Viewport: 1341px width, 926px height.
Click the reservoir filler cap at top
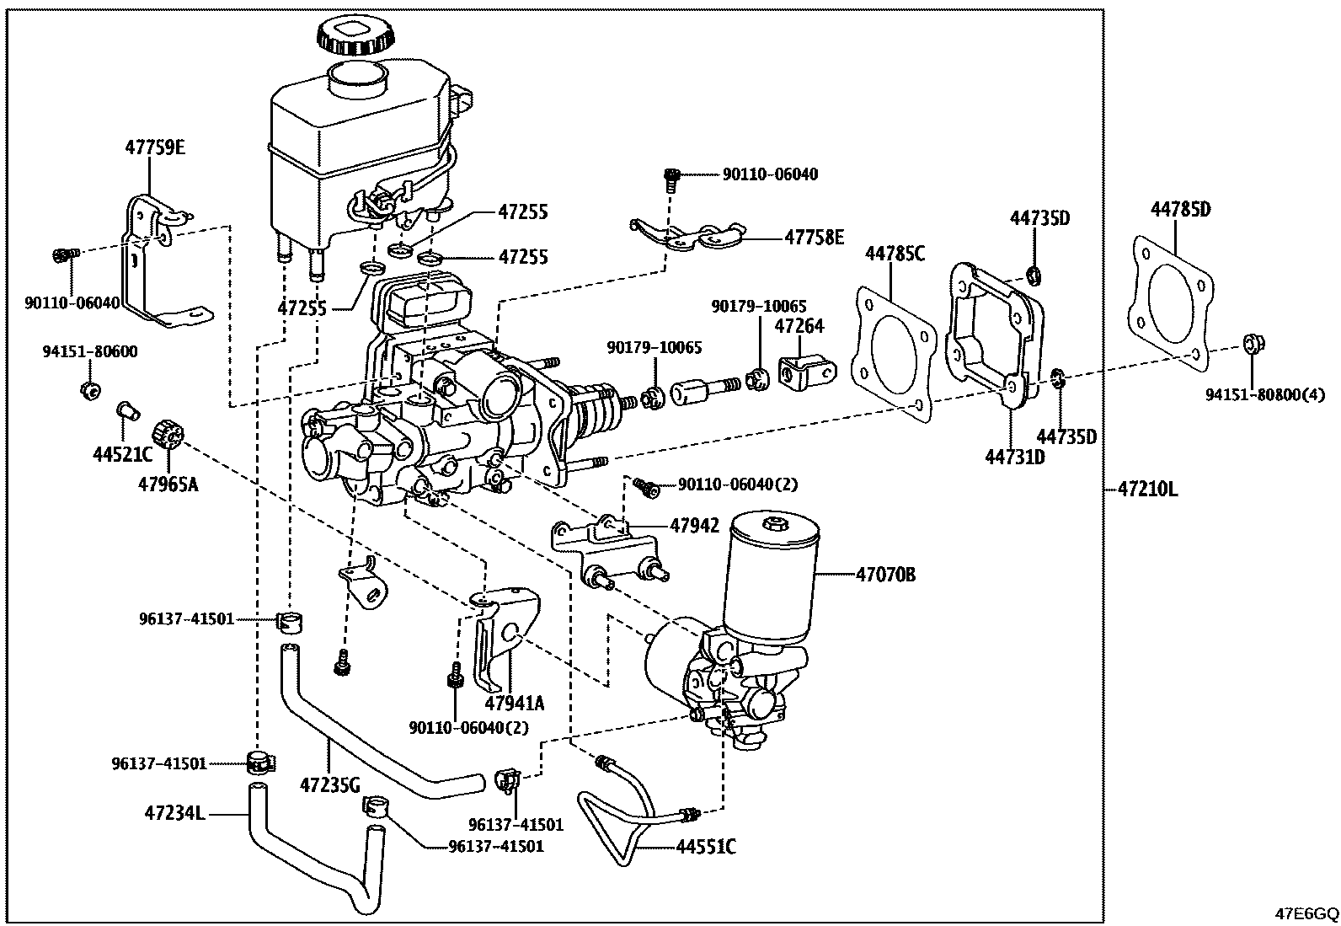(x=355, y=35)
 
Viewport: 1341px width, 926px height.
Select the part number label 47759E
(x=155, y=147)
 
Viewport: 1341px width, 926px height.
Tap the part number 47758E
(x=814, y=238)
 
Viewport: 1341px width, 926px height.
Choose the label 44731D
(x=1015, y=457)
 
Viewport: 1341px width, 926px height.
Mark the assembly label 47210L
(x=1147, y=489)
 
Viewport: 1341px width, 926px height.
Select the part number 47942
(x=695, y=526)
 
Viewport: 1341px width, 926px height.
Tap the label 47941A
(x=515, y=703)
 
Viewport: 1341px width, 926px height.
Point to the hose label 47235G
(x=329, y=784)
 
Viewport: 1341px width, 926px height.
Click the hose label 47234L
(x=174, y=813)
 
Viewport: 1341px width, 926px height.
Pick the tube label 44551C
(x=705, y=847)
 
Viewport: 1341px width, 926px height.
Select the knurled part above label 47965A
(x=168, y=434)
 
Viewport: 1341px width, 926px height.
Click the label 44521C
(x=122, y=455)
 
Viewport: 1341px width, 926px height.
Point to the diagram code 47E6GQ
(x=1306, y=913)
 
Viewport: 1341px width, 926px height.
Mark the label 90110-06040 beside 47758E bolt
(x=770, y=174)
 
